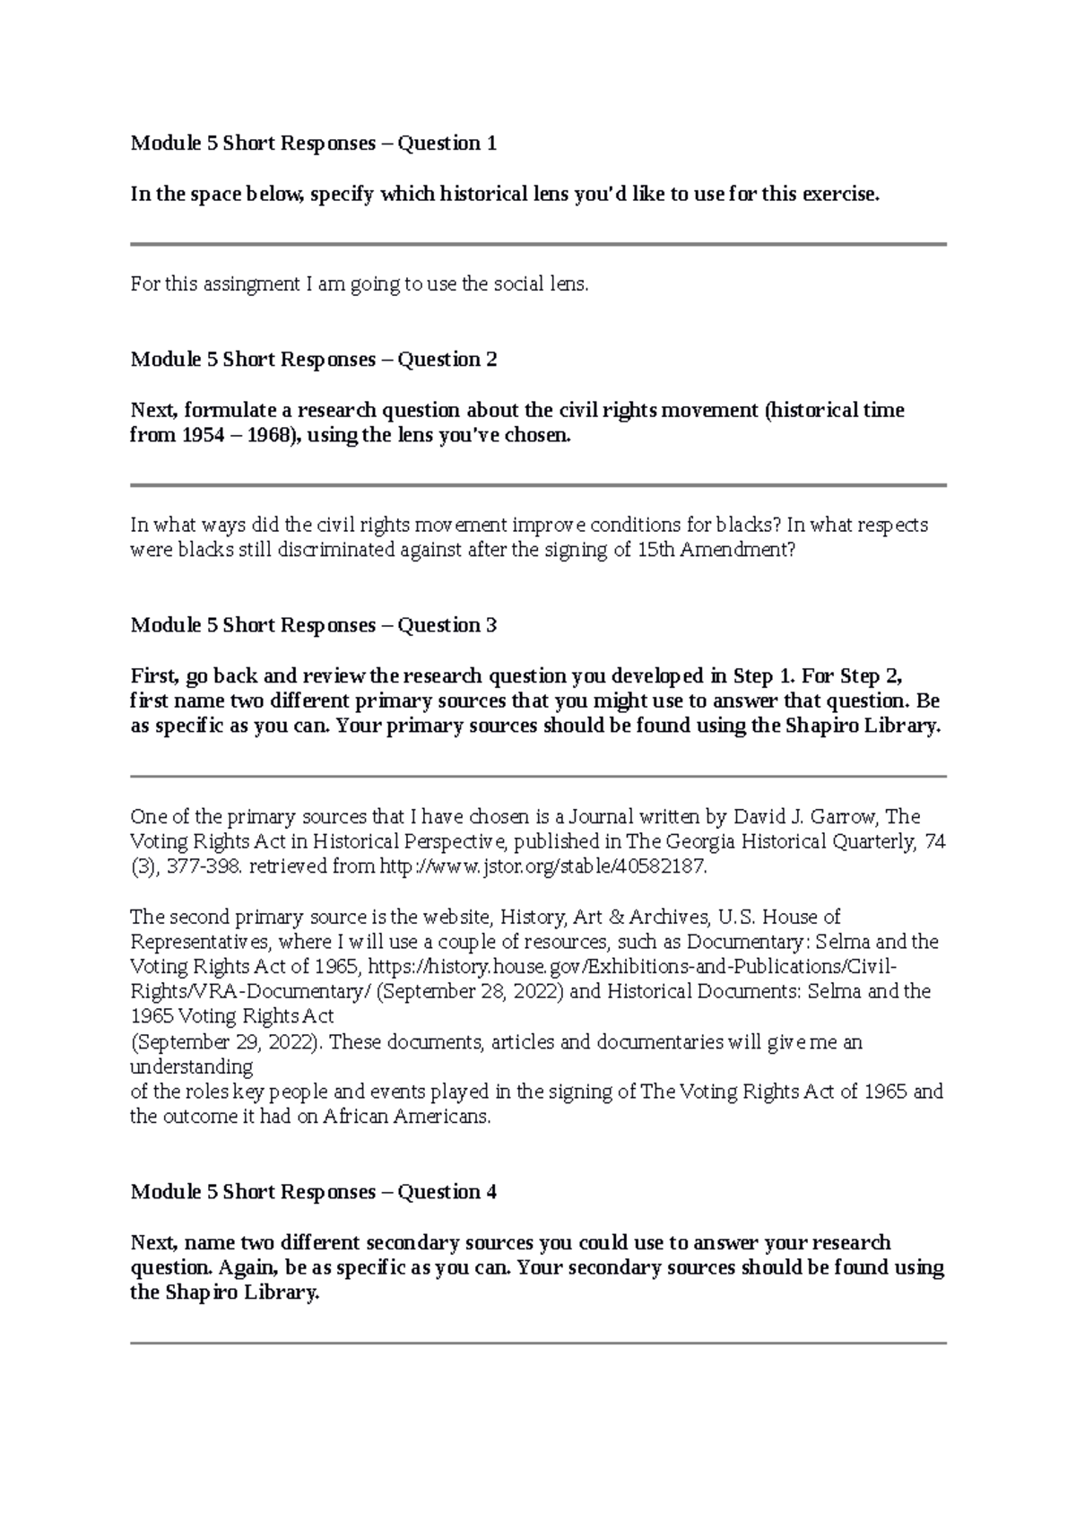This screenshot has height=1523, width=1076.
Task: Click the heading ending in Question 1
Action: click(x=313, y=144)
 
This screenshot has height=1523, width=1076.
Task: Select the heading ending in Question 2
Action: click(x=313, y=360)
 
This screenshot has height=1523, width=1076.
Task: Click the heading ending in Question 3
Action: click(x=313, y=625)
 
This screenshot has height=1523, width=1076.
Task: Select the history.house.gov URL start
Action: click(x=502, y=968)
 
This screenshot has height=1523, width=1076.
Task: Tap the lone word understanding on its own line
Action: click(x=191, y=1067)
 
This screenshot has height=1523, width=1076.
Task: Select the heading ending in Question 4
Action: click(x=313, y=1192)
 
